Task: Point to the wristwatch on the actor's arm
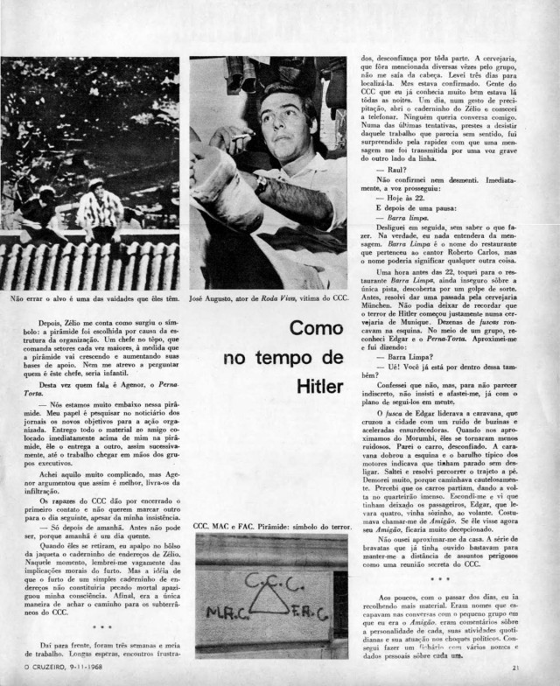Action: tap(261, 185)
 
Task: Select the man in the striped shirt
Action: tap(99, 210)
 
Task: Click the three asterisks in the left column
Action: tap(99, 626)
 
